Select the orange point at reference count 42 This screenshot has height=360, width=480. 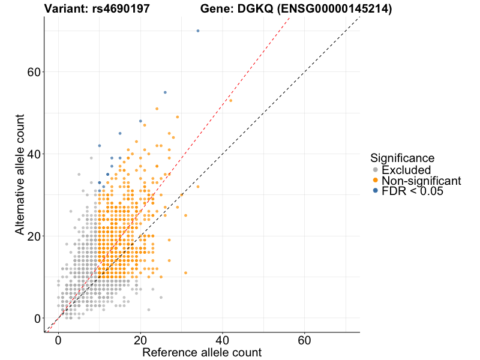pos(230,100)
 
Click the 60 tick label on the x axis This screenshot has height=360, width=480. pos(304,340)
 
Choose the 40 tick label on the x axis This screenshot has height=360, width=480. pos(223,340)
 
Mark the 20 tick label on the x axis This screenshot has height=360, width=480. pos(140,340)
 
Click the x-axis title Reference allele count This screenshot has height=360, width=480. pos(202,352)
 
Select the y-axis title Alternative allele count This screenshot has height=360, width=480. pos(20,174)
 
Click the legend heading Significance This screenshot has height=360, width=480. pos(402,158)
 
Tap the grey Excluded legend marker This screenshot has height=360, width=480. pos(375,170)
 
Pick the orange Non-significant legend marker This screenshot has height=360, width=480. pos(375,181)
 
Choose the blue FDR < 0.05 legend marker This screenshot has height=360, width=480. pos(375,191)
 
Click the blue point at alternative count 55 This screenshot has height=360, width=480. pos(165,92)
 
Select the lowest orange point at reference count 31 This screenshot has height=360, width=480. pos(185,273)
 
